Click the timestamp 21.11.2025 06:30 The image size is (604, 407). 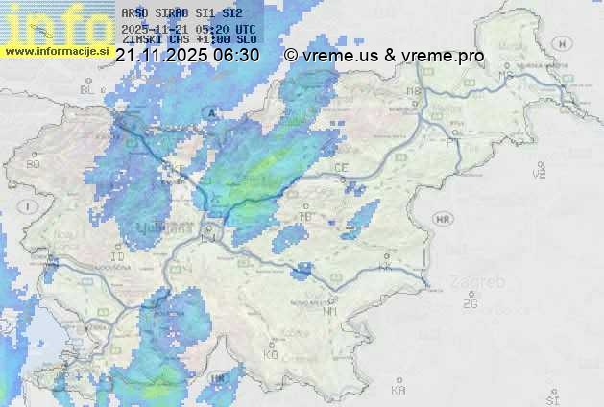(x=187, y=56)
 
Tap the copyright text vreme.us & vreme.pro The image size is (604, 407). (x=384, y=56)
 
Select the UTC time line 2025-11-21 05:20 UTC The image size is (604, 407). (x=189, y=29)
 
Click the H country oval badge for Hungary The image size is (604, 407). (x=564, y=43)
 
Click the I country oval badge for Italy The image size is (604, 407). (x=30, y=206)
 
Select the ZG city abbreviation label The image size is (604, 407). (x=470, y=304)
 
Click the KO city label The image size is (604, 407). (x=271, y=354)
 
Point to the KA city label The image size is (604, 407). (x=399, y=391)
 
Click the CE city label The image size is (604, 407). (x=341, y=168)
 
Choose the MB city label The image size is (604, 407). (x=415, y=92)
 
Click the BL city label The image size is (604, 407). (x=88, y=89)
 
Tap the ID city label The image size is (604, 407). (x=118, y=257)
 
